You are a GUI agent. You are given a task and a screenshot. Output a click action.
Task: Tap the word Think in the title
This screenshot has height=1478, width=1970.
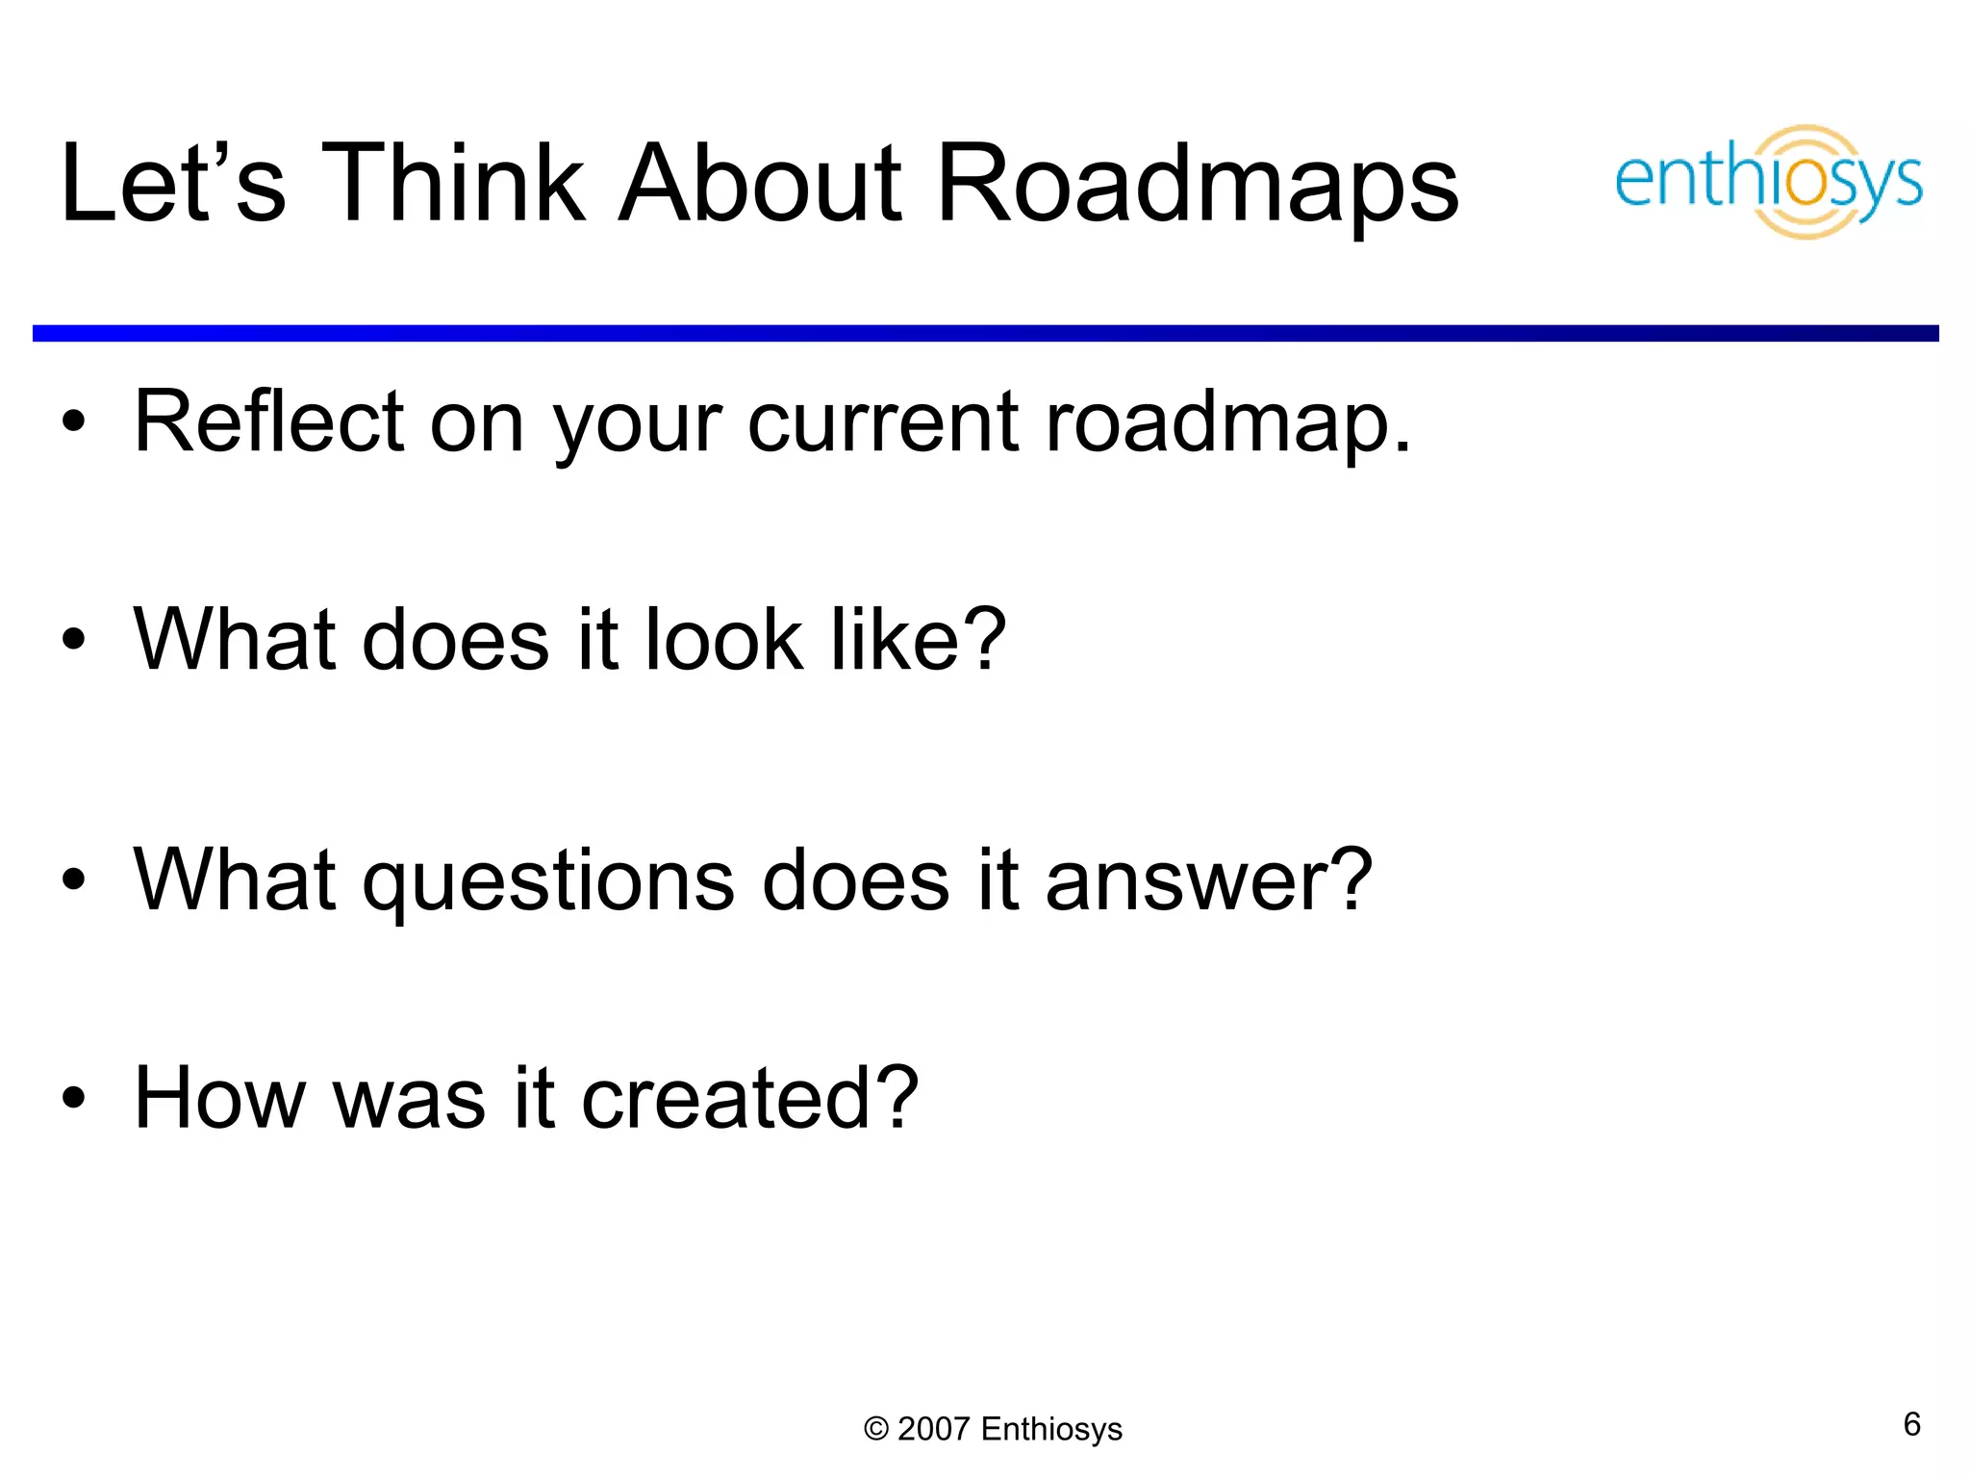(452, 183)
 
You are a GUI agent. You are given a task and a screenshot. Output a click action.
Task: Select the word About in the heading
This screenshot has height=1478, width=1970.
(760, 183)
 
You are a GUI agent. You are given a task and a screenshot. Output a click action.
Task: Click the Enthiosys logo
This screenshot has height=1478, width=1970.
(1768, 181)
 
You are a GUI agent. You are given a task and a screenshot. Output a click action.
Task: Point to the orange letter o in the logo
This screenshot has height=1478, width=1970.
(1807, 183)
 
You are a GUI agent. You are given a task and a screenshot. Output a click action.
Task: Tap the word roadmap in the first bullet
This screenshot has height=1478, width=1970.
(1217, 423)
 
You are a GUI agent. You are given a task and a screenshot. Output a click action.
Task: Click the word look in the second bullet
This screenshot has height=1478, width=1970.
(722, 640)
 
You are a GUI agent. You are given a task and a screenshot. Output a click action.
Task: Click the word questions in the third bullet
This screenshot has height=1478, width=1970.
(548, 881)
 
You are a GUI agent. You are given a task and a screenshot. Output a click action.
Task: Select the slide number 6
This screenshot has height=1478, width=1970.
(1912, 1424)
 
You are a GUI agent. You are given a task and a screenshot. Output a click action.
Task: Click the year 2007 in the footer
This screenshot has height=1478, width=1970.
(933, 1429)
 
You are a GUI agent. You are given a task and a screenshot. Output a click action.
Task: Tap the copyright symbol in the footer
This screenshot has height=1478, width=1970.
(875, 1429)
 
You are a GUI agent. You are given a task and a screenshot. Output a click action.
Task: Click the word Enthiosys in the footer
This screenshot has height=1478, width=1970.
(1051, 1430)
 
